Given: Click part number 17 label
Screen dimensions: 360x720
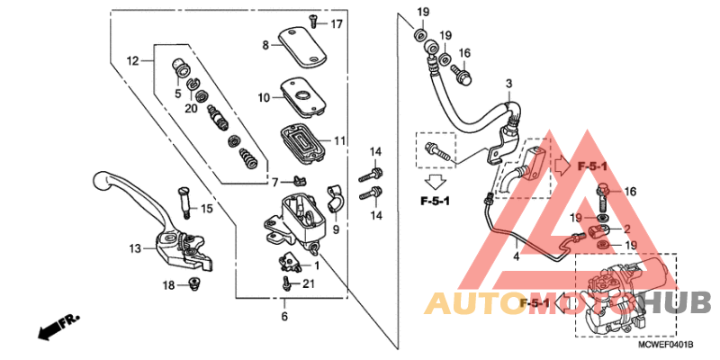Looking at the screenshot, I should tap(337, 23).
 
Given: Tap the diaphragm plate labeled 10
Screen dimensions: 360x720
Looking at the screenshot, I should tap(301, 94).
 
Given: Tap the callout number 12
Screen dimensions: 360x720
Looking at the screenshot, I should tap(133, 61).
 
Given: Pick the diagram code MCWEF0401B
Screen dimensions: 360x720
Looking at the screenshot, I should tap(667, 345).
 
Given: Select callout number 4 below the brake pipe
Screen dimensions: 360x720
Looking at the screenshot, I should tap(517, 257).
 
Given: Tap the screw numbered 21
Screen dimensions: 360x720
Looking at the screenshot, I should tap(287, 283).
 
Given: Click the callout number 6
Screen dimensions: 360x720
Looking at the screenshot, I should tap(284, 316).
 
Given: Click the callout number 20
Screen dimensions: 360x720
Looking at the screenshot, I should tap(191, 108).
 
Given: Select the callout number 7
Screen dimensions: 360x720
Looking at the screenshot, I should tap(275, 183).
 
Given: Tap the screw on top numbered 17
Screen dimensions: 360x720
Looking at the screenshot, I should tap(312, 19).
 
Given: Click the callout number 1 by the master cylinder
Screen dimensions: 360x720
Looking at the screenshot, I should tap(316, 266).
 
